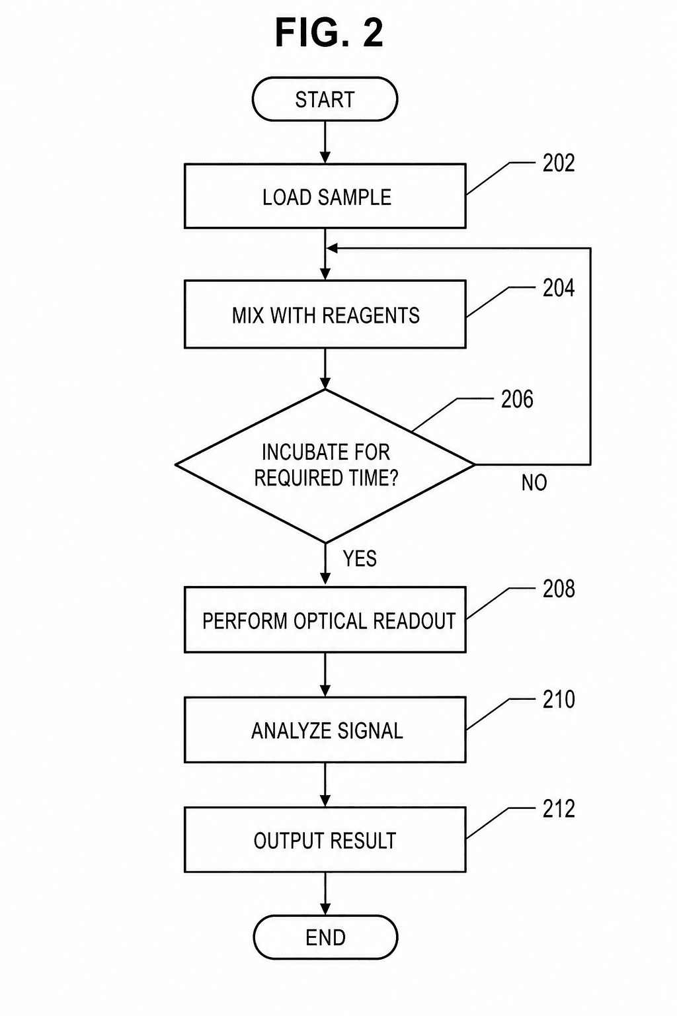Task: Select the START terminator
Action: tap(325, 99)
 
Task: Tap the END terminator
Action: tap(325, 937)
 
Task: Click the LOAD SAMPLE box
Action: tap(325, 196)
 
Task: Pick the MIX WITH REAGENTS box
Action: tap(325, 314)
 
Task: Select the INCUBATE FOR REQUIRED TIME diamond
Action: tap(325, 466)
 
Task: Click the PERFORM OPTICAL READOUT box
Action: tap(325, 620)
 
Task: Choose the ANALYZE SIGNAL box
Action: tap(325, 730)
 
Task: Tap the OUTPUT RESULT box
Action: tap(325, 839)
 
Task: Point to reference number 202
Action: tap(559, 163)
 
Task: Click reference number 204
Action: tap(559, 288)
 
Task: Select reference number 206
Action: tap(517, 399)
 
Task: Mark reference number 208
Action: tap(559, 589)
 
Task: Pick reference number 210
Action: tap(559, 699)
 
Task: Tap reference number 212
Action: tap(559, 809)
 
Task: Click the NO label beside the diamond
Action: tap(534, 483)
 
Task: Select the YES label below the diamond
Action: tap(360, 558)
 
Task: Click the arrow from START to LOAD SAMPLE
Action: tap(325, 142)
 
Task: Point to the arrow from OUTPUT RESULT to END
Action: tap(325, 894)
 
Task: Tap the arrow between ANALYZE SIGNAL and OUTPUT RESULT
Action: tap(325, 784)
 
